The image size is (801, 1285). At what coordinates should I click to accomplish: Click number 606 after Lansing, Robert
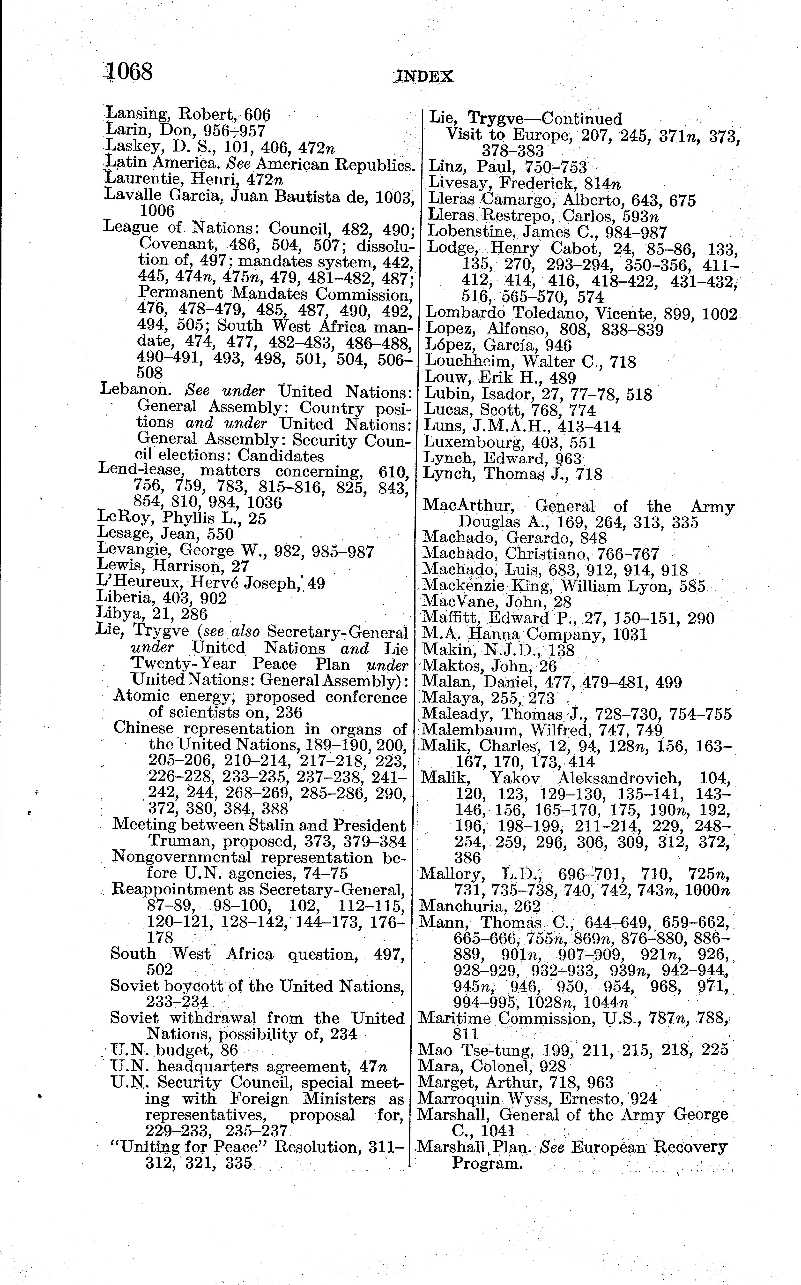[257, 114]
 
